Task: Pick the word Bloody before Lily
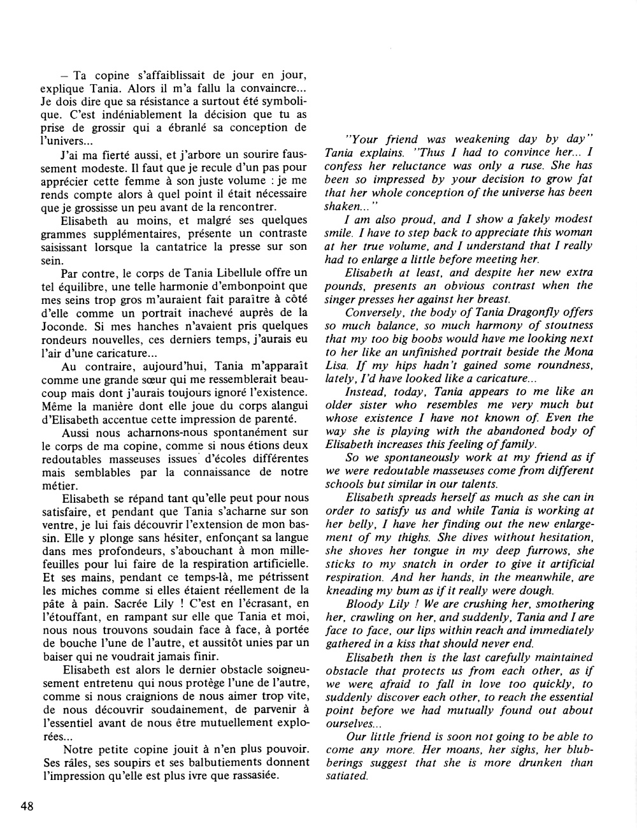364,602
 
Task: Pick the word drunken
519,763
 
